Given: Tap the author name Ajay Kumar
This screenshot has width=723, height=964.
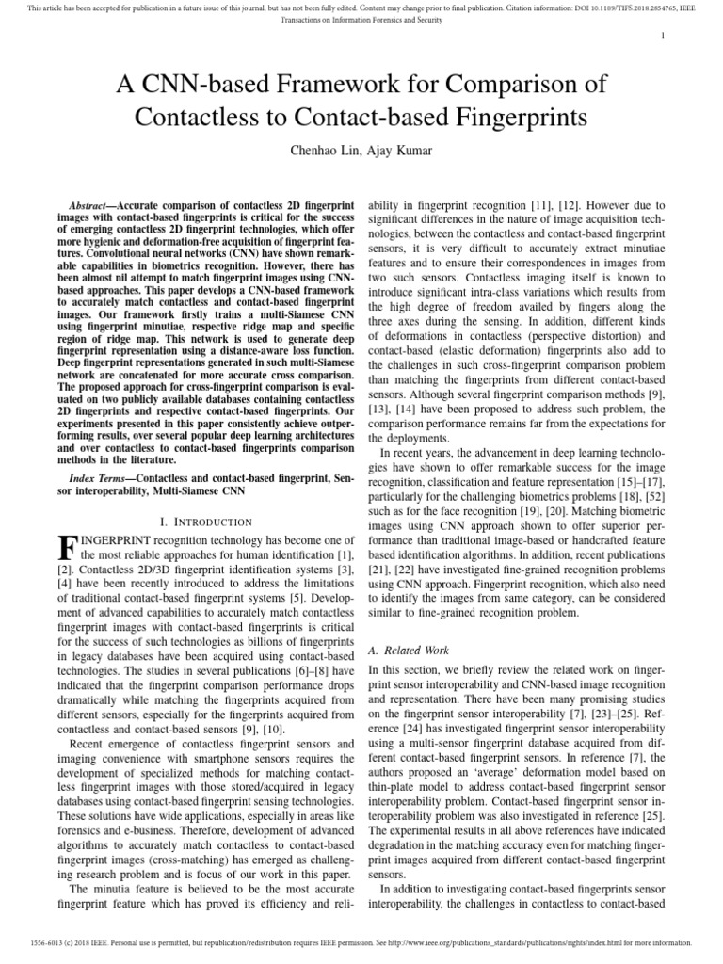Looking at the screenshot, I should coord(383,152).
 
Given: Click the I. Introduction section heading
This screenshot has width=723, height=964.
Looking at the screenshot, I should coord(206,521).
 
